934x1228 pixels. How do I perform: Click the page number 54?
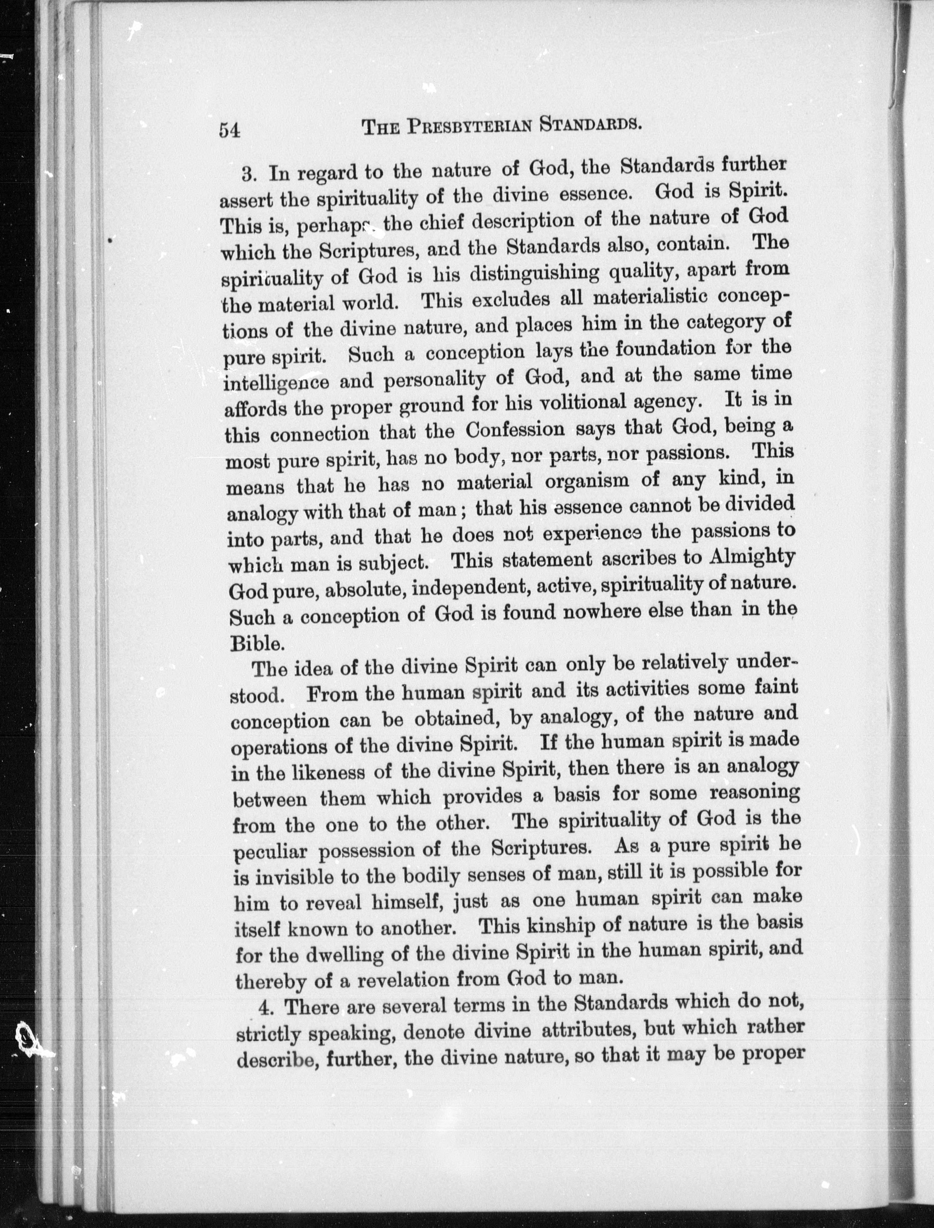pyautogui.click(x=229, y=130)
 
